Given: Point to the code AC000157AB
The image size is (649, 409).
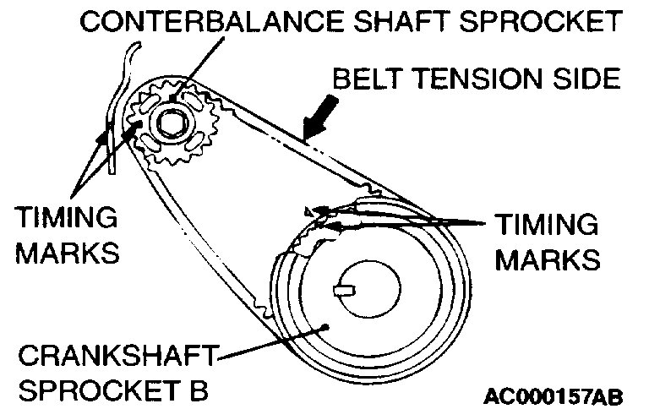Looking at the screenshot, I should click(565, 395).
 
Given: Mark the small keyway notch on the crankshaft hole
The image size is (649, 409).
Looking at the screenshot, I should click(344, 292).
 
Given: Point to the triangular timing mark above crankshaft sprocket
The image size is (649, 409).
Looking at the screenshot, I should click(310, 210).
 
